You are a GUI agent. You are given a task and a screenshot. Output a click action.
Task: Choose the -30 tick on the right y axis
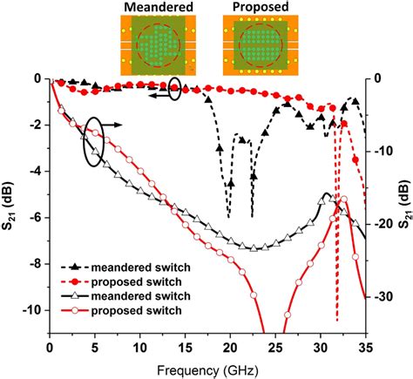click(381, 297)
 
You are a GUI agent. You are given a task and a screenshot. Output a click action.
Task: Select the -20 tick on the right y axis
click(381, 224)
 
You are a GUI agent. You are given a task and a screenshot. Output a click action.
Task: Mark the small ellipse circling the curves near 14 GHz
click(176, 88)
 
